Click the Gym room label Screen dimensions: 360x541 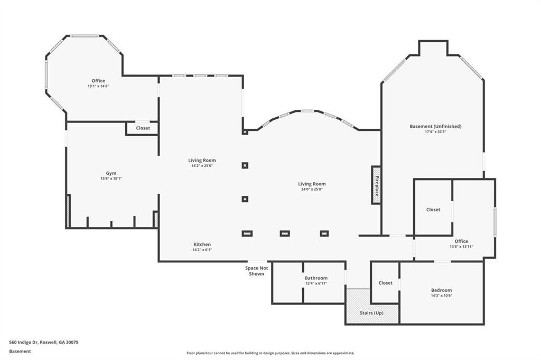point(111,173)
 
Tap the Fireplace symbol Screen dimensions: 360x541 point(376,185)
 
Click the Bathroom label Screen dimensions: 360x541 point(316,278)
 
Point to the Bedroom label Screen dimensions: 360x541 point(441,290)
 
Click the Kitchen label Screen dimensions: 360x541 point(202,244)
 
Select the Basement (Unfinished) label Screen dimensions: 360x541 point(435,127)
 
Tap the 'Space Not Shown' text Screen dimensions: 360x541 point(257,271)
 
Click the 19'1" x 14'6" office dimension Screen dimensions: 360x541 point(98,86)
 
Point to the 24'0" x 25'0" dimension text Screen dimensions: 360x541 point(312,189)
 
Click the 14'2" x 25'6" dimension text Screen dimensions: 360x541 point(202,166)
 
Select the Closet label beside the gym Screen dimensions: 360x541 point(143,128)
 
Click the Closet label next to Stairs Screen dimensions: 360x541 point(386,283)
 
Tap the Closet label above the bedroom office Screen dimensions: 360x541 point(433,210)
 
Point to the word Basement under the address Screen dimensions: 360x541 point(20,351)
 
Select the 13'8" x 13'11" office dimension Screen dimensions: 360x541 point(461,247)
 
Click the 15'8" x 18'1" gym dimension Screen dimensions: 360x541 point(111,178)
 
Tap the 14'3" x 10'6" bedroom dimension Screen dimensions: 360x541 point(441,296)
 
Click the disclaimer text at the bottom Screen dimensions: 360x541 point(270,353)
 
